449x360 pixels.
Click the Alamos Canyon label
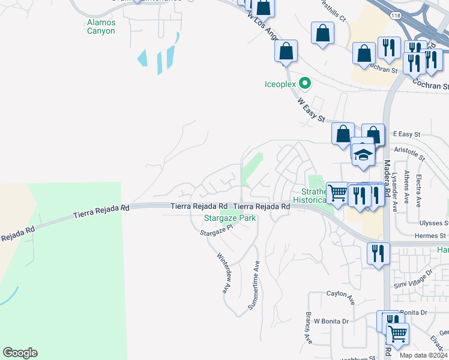pyautogui.click(x=101, y=26)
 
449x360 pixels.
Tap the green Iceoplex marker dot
pyautogui.click(x=305, y=83)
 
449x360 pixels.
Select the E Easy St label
pyautogui.click(x=406, y=134)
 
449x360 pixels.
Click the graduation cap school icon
pyautogui.click(x=363, y=155)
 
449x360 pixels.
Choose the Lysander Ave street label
pyautogui.click(x=395, y=193)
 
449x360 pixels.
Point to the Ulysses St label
pyautogui.click(x=431, y=223)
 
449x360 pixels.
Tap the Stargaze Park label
pyautogui.click(x=230, y=218)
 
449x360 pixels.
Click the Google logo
pyautogui.click(x=20, y=353)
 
